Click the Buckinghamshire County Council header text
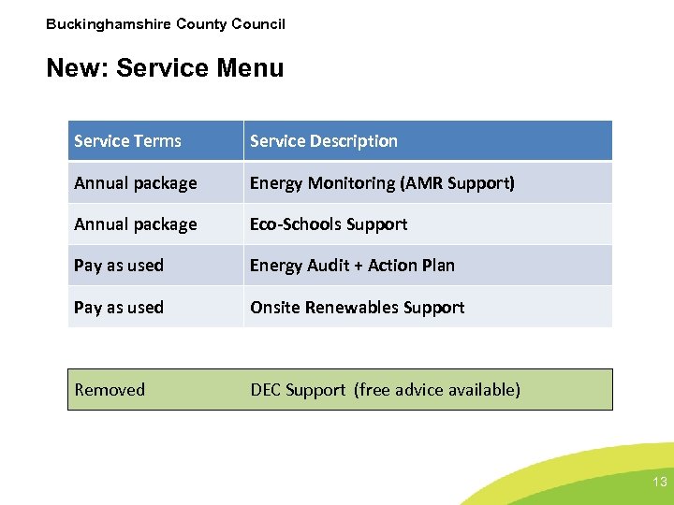pos(166,24)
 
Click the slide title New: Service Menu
pos(165,68)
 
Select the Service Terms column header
pos(127,141)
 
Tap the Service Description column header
pos(323,141)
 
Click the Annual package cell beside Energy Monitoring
pos(136,183)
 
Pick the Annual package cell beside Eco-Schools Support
pos(136,224)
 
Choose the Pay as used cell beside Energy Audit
pos(119,266)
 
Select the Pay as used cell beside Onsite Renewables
pos(119,308)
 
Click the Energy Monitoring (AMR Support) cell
pos(382,183)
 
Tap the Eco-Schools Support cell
pos(329,224)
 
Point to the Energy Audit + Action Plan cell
pos(352,266)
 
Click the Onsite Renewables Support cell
pos(357,308)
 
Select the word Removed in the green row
pos(110,390)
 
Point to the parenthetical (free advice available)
pos(436,390)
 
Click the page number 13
pos(659,483)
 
